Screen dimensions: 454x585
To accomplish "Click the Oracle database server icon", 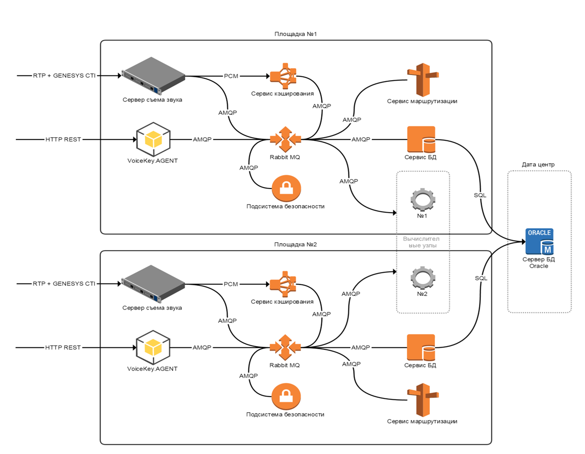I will click(540, 241).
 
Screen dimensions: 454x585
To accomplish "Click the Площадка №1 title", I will click(296, 34).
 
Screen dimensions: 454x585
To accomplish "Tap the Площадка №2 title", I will click(296, 244).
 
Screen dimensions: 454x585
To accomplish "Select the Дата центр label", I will click(538, 164).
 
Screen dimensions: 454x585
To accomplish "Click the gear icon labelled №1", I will click(422, 200).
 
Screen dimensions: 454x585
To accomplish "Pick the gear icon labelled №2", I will click(422, 278).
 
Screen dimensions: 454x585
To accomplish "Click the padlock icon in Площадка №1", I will click(286, 188).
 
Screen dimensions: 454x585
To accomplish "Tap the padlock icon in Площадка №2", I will click(286, 396).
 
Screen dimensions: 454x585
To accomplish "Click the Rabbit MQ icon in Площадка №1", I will click(285, 139).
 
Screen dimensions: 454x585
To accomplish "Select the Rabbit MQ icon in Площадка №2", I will click(285, 347).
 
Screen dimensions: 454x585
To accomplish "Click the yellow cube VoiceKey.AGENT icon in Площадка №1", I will click(153, 139).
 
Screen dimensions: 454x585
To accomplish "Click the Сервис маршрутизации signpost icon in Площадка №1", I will click(422, 79).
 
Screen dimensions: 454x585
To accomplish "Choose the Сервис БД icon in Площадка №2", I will click(421, 347).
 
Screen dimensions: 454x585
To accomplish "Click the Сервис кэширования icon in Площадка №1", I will click(283, 76).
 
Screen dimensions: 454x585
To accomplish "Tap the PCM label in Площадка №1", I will click(231, 76).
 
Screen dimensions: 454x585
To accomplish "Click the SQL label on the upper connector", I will click(480, 195).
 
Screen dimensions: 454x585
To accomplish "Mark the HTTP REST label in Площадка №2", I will click(63, 347).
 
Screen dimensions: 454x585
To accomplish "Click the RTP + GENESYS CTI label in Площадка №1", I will click(64, 76).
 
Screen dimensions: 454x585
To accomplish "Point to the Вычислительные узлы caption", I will click(421, 242).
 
